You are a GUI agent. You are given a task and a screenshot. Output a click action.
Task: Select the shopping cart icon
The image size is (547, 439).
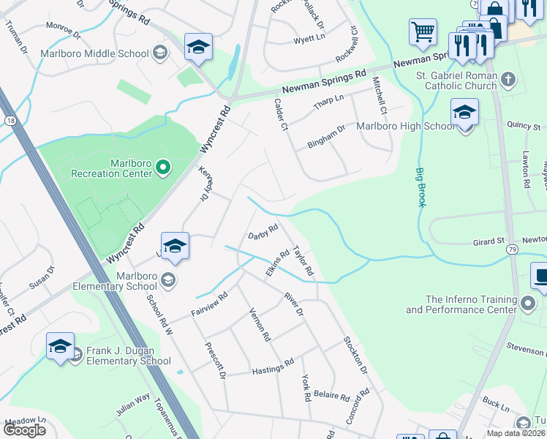tap(423, 33)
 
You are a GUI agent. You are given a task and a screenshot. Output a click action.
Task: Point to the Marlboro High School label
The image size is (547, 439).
tap(405, 126)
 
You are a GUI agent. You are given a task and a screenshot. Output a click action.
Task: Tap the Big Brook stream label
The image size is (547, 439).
tap(421, 187)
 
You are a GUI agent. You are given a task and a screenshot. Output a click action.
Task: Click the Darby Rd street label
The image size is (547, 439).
tap(263, 231)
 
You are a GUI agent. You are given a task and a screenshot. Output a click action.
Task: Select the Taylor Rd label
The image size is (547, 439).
tap(303, 261)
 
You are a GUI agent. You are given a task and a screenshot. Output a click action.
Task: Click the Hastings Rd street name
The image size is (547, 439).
tap(273, 367)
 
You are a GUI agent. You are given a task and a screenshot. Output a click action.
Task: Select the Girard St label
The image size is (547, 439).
tap(488, 240)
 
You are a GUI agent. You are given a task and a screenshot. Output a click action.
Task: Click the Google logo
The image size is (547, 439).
tap(24, 430)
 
